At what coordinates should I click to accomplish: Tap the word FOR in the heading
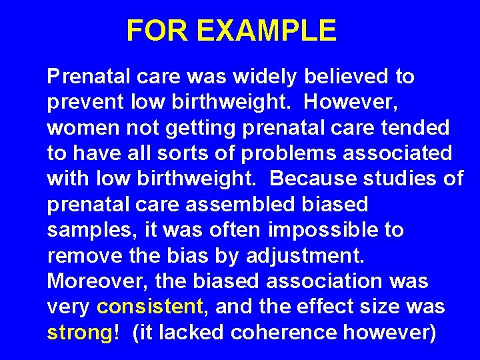[x=159, y=31]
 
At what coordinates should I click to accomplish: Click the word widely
[x=264, y=77]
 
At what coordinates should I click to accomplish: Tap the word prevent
[x=85, y=103]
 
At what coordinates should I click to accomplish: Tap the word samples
[x=87, y=230]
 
